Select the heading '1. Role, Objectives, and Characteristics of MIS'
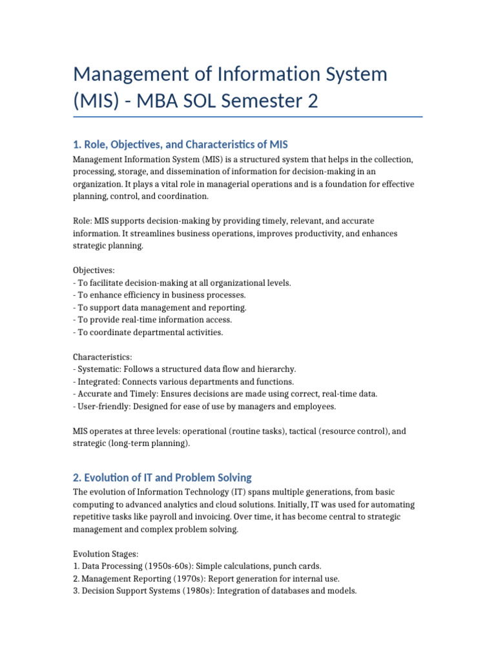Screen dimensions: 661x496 pos(185,143)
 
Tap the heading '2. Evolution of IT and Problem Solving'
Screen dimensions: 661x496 pos(162,478)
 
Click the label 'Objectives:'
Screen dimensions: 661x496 pos(94,270)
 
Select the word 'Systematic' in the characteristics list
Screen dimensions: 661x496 pos(98,369)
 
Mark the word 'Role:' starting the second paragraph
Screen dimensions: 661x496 pos(83,221)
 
